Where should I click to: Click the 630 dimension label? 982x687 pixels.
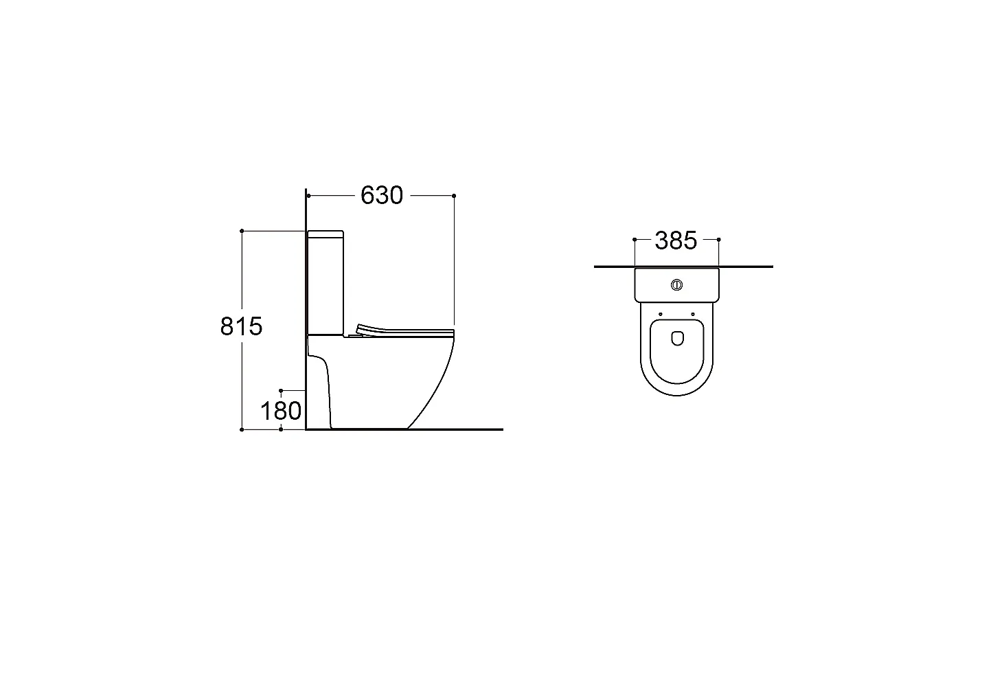381,196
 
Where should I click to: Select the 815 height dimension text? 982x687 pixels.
241,326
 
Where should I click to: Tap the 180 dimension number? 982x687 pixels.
281,411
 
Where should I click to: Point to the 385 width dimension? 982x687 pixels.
676,241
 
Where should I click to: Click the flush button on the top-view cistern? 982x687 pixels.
676,285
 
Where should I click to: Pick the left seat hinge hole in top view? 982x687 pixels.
660,314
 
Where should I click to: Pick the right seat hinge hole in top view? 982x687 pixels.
693,314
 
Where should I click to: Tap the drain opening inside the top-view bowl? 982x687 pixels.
677,338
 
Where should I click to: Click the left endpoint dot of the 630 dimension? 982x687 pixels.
308,196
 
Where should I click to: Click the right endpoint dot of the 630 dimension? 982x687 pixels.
454,196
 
